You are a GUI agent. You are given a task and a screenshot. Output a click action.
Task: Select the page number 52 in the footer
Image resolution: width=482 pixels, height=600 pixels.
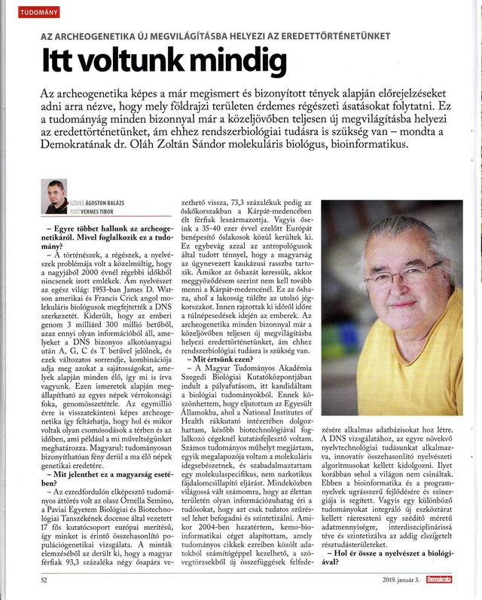click(45, 580)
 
